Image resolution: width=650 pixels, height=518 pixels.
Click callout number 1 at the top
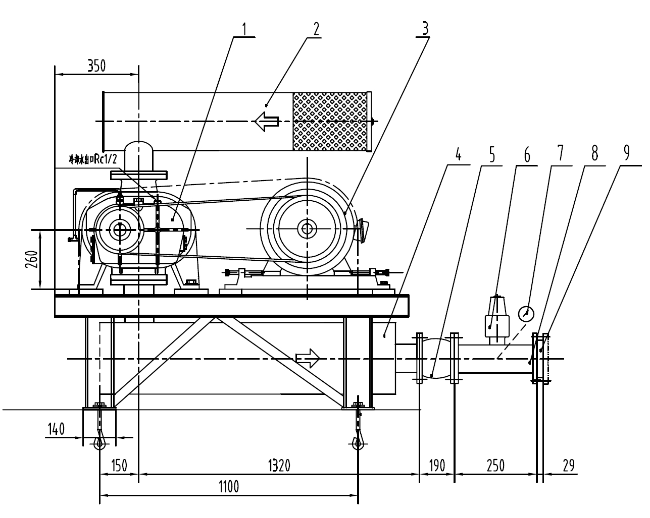[244, 29]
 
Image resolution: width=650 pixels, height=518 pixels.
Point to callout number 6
[526, 155]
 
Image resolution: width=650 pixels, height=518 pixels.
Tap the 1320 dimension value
[278, 465]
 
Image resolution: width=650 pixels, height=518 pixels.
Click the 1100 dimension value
[228, 487]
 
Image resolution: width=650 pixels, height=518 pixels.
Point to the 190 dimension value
[436, 465]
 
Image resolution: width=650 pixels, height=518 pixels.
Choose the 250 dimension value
[495, 465]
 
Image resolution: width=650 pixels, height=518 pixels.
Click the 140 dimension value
[56, 429]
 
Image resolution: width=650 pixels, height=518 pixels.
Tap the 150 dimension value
[118, 465]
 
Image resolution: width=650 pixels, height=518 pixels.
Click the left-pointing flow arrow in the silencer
[267, 122]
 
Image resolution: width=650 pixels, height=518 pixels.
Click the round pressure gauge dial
[526, 314]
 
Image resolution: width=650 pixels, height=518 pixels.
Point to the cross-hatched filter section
[331, 122]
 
